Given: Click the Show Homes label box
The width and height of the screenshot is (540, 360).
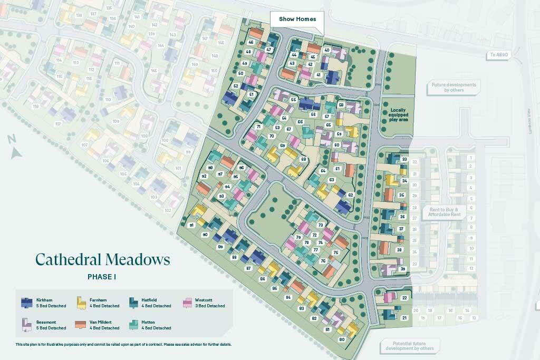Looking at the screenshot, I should click(297, 19).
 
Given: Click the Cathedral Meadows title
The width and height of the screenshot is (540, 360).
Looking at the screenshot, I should click(103, 259).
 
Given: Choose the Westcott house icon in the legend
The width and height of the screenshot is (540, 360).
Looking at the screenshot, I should click(187, 303).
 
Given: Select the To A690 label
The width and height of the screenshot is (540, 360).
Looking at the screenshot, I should click(498, 54).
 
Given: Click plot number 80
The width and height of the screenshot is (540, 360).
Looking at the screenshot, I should click(342, 339).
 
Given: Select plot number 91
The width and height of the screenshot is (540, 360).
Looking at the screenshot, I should click(191, 225).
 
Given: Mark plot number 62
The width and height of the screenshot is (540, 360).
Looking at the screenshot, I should click(350, 195).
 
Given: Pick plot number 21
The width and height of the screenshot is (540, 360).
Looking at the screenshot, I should click(404, 317).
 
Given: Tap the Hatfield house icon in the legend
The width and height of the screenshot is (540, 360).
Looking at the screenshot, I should click(133, 303).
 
